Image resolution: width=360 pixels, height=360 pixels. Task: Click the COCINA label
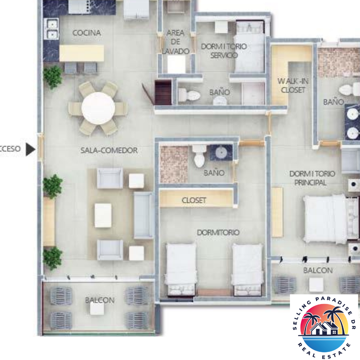(x=86, y=33)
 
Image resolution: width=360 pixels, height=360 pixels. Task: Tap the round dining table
(x=98, y=108)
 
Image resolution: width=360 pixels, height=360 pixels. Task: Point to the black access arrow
(x=30, y=149)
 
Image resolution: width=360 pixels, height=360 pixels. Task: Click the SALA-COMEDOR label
(x=109, y=150)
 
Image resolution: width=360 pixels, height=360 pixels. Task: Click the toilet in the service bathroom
(x=188, y=96)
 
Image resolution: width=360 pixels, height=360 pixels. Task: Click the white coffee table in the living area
(x=103, y=216)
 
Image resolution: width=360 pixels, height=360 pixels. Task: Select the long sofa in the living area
(x=144, y=215)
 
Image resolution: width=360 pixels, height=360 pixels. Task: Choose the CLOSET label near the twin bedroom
(x=194, y=200)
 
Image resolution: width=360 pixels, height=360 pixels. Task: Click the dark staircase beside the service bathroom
(x=163, y=92)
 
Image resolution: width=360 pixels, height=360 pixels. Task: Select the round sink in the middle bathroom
(x=221, y=153)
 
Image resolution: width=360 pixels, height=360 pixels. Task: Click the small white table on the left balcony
(x=97, y=309)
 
